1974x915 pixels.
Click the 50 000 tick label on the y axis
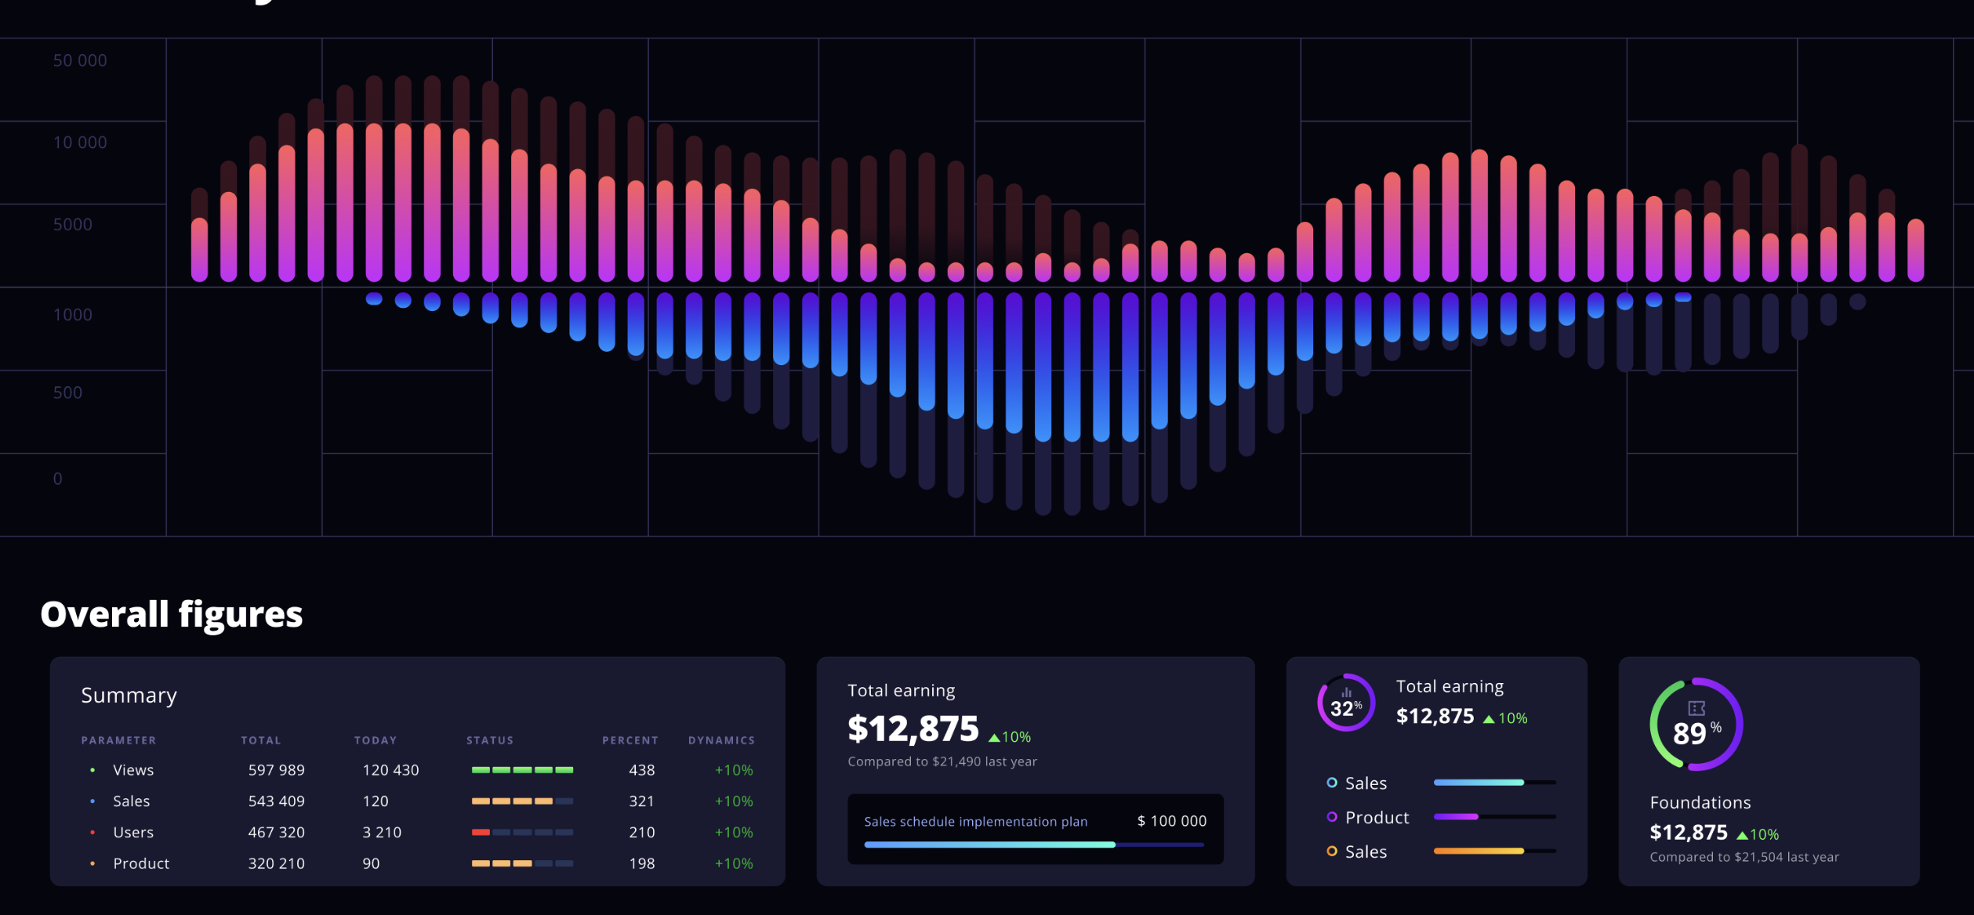[79, 60]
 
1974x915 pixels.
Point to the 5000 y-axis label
[72, 225]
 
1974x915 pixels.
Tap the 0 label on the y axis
[57, 479]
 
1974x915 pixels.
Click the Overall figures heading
[171, 614]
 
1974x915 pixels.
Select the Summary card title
[129, 696]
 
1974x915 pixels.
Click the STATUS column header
[490, 740]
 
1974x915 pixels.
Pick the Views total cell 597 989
[276, 770]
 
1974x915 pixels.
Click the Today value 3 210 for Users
[381, 832]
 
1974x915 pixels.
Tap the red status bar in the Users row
[481, 832]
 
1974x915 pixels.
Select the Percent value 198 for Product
[641, 863]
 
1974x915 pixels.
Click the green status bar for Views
[522, 770]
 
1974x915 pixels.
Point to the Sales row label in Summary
[131, 801]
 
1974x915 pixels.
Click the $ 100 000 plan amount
[1171, 821]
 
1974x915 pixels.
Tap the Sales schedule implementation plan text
[975, 822]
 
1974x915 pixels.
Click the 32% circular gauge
[1346, 703]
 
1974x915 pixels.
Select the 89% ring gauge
[1696, 725]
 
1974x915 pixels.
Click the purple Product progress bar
[1456, 817]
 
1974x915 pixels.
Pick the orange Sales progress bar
[1479, 851]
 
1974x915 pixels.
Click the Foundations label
[1700, 802]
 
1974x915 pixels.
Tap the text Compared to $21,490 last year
[942, 761]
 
